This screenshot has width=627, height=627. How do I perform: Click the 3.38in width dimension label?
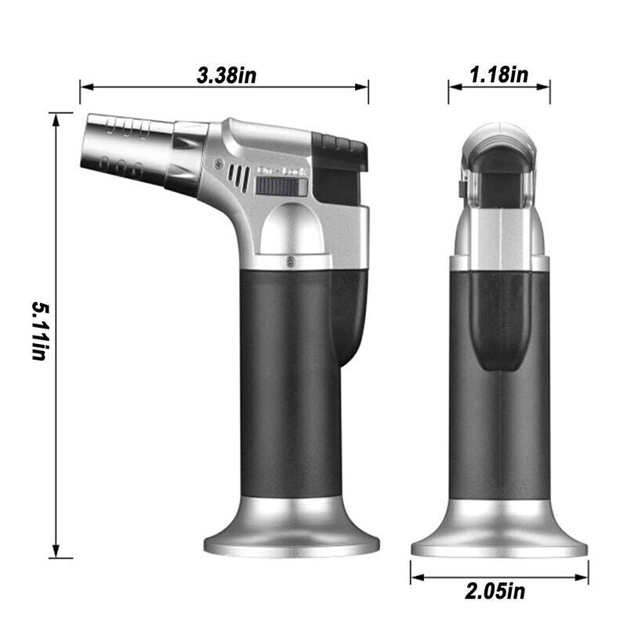(x=227, y=75)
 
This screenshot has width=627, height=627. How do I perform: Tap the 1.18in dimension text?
(x=498, y=75)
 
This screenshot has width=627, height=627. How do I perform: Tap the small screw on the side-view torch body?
(x=291, y=261)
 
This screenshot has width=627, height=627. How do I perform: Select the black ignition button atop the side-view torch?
(x=339, y=145)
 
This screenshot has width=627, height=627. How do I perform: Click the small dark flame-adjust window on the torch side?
(x=277, y=186)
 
